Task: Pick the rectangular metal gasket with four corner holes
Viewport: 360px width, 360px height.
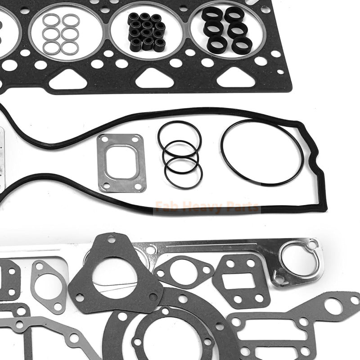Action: pyautogui.click(x=121, y=162)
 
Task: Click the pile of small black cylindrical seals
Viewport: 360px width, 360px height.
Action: pyautogui.click(x=146, y=31)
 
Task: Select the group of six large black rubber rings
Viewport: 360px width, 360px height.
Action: pyautogui.click(x=226, y=30)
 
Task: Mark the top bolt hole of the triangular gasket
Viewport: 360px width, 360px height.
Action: pyautogui.click(x=111, y=239)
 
